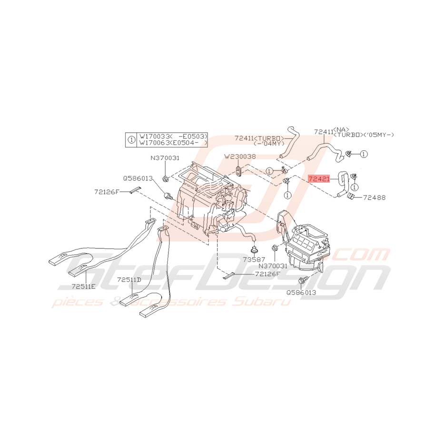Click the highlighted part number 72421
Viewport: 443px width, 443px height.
(318, 179)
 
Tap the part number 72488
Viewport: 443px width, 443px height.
(374, 197)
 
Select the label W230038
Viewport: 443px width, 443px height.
(240, 156)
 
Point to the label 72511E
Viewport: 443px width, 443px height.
(84, 286)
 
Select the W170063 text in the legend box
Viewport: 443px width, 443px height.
(155, 142)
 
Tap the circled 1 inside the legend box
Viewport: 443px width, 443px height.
(132, 139)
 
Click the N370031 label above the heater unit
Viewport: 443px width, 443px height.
(165, 158)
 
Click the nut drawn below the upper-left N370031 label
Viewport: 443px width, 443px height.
(165, 179)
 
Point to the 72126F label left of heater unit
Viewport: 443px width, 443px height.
(107, 192)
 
